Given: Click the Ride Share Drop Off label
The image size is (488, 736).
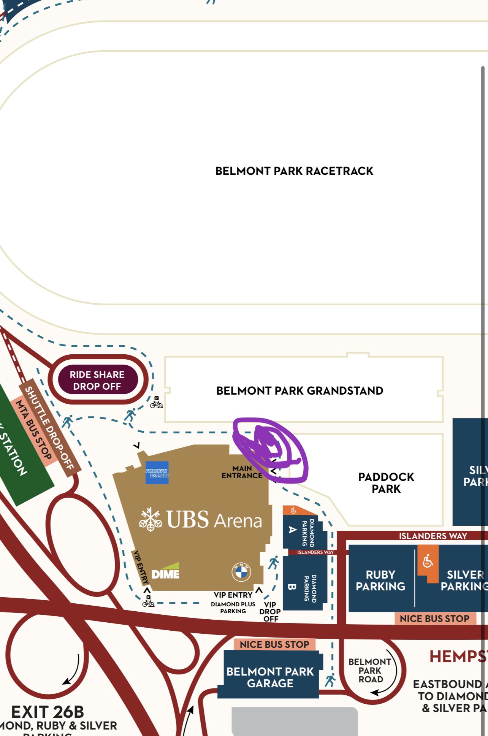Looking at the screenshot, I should tap(97, 380).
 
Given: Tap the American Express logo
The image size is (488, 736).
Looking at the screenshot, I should tap(157, 473).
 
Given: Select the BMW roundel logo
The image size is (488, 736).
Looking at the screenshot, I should tap(241, 571).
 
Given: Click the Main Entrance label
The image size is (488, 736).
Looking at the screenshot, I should tap(242, 472).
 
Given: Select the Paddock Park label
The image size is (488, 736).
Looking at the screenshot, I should tap(386, 482).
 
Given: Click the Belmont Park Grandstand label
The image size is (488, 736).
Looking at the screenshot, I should tap(299, 391).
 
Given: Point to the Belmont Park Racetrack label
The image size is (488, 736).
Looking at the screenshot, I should tap(294, 171).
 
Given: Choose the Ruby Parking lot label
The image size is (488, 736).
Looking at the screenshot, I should tap(380, 580).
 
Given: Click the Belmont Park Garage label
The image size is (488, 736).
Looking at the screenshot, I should tap(270, 677).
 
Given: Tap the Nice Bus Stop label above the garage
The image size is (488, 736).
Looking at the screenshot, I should tap(274, 644).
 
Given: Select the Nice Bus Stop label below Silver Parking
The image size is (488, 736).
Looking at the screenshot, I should tap(434, 619).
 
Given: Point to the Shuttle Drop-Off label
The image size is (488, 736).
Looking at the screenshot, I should tap(49, 428).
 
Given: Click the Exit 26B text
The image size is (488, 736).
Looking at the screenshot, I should tap(48, 712).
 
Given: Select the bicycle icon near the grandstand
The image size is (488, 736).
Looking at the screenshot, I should tap(156, 403).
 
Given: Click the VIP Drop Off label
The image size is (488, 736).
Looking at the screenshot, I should tap(270, 612).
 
